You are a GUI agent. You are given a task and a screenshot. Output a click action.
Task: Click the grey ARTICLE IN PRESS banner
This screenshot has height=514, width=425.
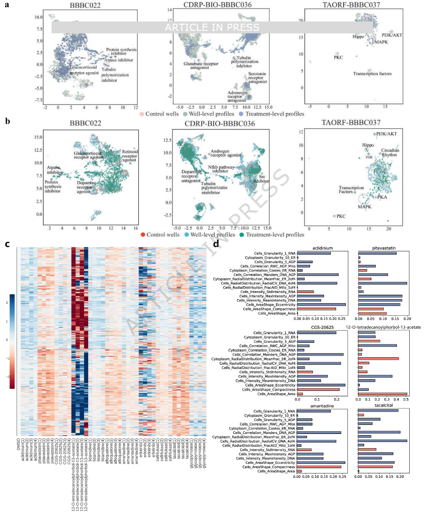pyautogui.click(x=212, y=27)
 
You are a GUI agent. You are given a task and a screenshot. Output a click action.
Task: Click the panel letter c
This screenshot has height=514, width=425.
pyautogui.click(x=7, y=244)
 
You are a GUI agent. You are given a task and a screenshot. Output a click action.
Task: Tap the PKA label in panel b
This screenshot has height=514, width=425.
pyautogui.click(x=382, y=197)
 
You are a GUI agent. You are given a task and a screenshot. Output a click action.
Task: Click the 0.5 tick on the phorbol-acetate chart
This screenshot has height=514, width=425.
pyautogui.click(x=405, y=399)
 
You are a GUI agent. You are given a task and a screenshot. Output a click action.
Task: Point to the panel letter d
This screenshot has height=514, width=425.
pyautogui.click(x=217, y=244)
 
